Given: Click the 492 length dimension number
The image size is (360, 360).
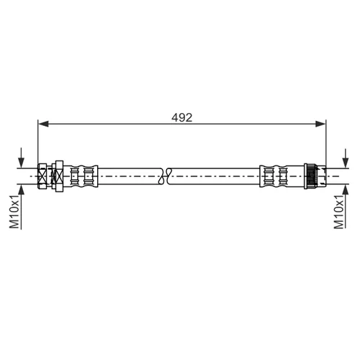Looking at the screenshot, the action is [182, 117].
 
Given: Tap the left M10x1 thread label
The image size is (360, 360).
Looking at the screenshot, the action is [14, 212].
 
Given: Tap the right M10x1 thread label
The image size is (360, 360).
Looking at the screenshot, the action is [339, 212].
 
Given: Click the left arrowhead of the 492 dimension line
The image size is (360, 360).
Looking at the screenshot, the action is [43, 124].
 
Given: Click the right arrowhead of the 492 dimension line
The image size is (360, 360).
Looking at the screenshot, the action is [320, 124].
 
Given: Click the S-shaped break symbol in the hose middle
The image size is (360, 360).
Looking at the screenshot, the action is [166, 176].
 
